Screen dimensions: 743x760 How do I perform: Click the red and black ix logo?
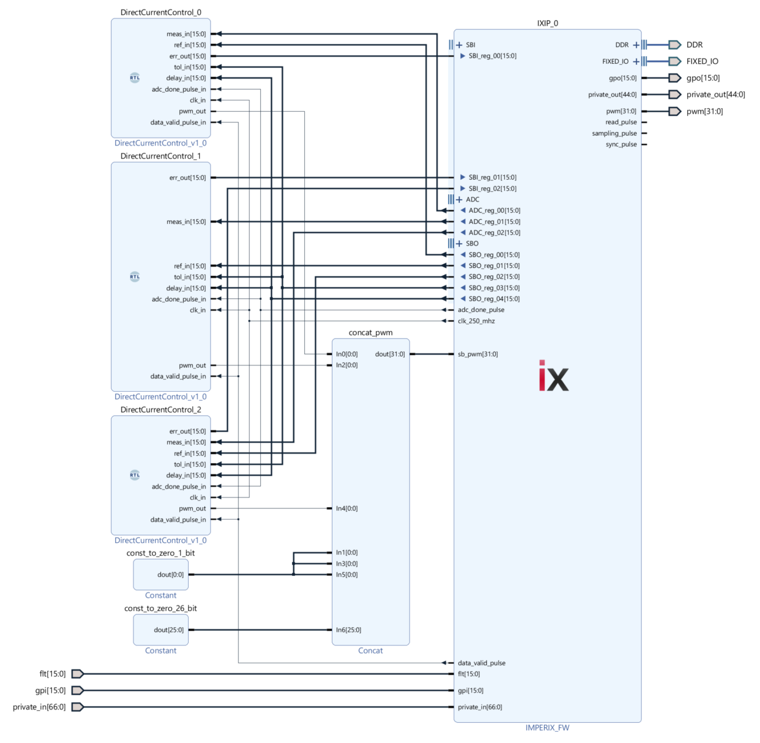tap(553, 376)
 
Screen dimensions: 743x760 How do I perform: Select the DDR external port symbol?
tap(674, 45)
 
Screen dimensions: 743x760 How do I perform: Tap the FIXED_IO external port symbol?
tap(674, 61)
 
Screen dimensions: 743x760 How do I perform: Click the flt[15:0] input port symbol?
tap(78, 674)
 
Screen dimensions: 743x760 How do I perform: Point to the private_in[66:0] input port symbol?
tap(78, 707)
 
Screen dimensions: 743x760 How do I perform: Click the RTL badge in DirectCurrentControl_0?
tap(135, 78)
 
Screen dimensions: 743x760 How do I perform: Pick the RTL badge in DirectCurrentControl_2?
tap(135, 475)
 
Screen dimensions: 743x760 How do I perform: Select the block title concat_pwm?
tap(371, 333)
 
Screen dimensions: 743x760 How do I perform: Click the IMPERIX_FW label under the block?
tap(547, 728)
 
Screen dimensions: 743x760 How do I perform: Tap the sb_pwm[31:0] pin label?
tap(477, 354)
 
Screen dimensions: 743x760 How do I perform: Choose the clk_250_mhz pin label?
tap(476, 321)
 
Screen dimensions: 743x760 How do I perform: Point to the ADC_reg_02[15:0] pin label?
tap(494, 232)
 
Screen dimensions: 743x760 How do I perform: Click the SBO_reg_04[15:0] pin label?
tap(494, 299)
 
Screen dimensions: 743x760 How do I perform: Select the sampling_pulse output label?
tap(614, 134)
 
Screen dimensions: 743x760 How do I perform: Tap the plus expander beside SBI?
tap(459, 45)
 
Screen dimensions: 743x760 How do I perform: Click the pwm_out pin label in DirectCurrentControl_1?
tap(192, 366)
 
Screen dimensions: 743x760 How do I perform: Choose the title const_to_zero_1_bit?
tap(160, 553)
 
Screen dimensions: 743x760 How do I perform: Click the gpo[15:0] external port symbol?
tap(674, 78)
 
